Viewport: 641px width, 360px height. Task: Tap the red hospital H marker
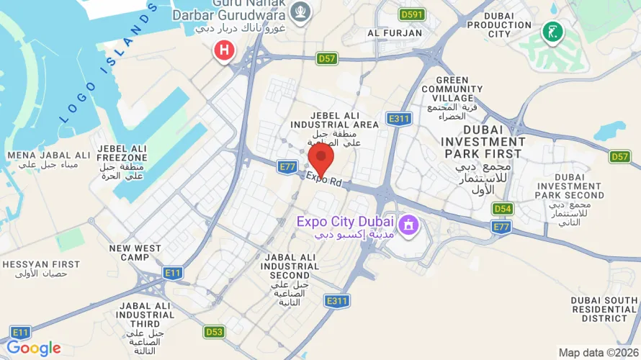tap(224, 50)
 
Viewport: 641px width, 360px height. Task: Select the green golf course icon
tap(552, 32)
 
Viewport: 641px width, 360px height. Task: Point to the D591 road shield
tap(413, 14)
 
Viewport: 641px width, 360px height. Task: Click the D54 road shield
tap(503, 209)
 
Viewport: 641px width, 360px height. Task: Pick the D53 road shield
tap(214, 332)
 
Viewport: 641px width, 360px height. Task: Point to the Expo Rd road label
tap(323, 179)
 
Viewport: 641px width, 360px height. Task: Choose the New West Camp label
tap(135, 253)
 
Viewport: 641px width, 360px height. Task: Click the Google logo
tap(33, 348)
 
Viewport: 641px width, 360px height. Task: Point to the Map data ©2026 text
tap(597, 353)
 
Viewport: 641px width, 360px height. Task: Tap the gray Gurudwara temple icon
tap(300, 11)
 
